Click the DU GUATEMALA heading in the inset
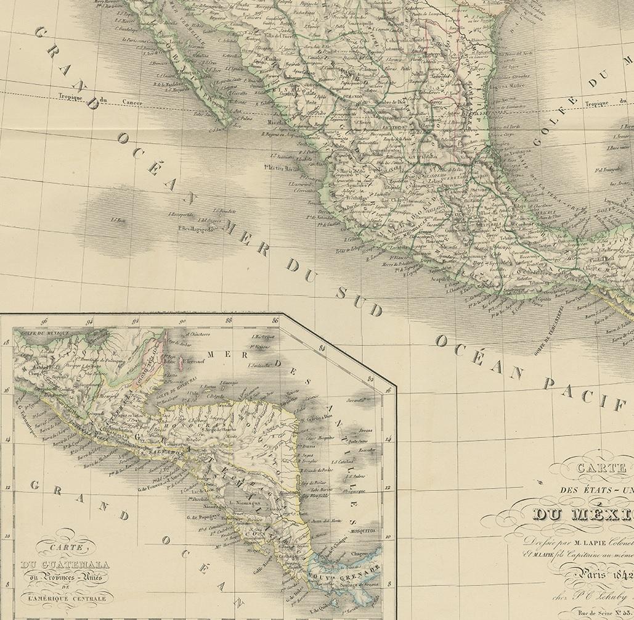(x=65, y=565)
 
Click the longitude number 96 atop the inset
(x=44, y=321)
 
